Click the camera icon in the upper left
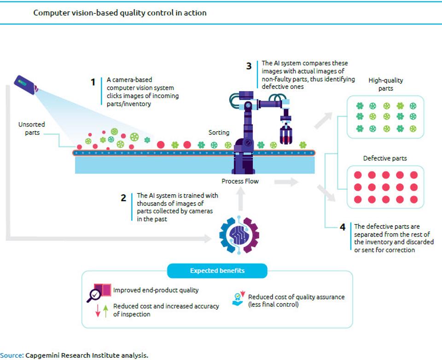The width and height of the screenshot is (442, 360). point(25,85)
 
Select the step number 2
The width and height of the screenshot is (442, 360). point(123,198)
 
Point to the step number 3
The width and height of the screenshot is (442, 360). point(249,66)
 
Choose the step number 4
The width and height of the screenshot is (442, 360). point(342,227)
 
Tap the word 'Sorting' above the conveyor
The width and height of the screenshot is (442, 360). point(219,133)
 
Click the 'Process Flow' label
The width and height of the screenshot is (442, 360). point(240,181)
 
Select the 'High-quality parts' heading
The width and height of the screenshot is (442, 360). point(385,84)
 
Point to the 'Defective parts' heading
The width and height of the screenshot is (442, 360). point(385,158)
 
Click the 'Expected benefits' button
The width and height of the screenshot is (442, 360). point(217,271)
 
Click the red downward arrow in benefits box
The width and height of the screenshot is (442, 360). point(98,311)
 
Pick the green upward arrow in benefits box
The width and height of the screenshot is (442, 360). point(105,311)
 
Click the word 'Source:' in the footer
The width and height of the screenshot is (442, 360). point(12,355)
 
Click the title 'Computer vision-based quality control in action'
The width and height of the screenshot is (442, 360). point(120,13)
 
